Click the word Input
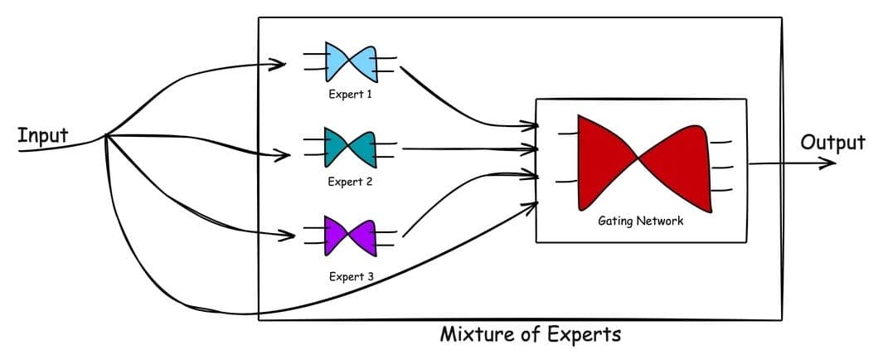43,135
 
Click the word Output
832,142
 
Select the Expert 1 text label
350,95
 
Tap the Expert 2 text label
350,182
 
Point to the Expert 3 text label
350,276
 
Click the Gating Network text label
641,221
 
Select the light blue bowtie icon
351,62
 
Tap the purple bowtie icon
350,236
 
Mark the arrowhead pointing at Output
829,163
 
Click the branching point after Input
107,136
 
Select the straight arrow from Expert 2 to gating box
464,149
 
